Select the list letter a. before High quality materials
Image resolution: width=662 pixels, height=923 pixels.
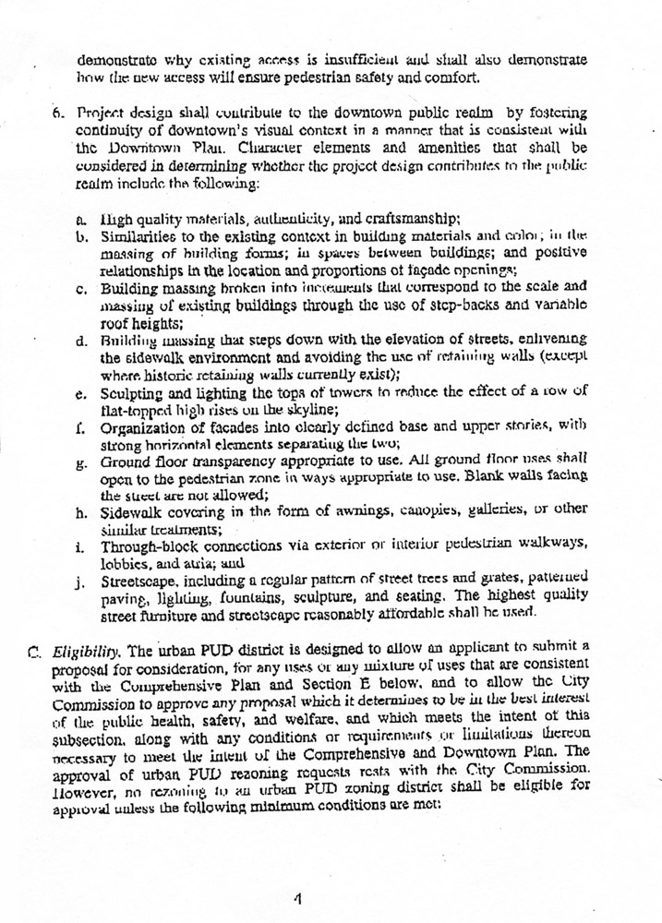pos(81,218)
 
